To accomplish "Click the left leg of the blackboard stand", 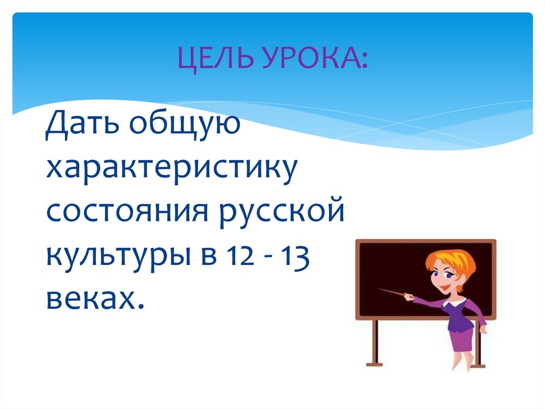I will [375, 341].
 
